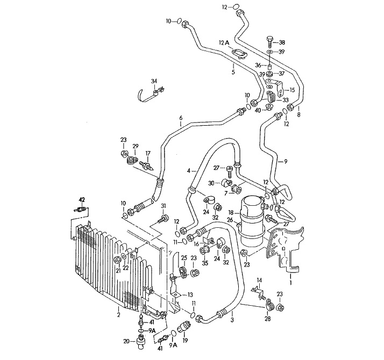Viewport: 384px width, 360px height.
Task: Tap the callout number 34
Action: tap(154, 82)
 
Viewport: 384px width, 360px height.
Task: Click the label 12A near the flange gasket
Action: tap(224, 42)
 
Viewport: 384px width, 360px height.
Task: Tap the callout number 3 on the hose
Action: tap(232, 320)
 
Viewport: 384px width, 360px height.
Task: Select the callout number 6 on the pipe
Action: tap(181, 118)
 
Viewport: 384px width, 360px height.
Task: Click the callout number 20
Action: tap(126, 341)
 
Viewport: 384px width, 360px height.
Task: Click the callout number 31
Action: tap(163, 207)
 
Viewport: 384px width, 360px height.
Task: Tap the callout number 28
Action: tap(268, 319)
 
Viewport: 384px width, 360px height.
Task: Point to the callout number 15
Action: tap(293, 90)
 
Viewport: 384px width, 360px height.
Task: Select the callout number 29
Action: tap(136, 146)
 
